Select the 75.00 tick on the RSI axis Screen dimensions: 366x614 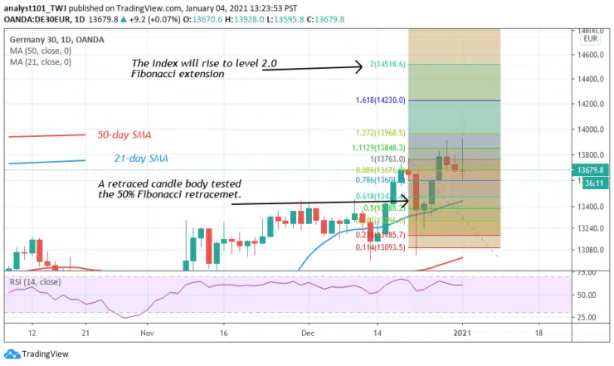point(566,272)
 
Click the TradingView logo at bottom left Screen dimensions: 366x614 point(35,353)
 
